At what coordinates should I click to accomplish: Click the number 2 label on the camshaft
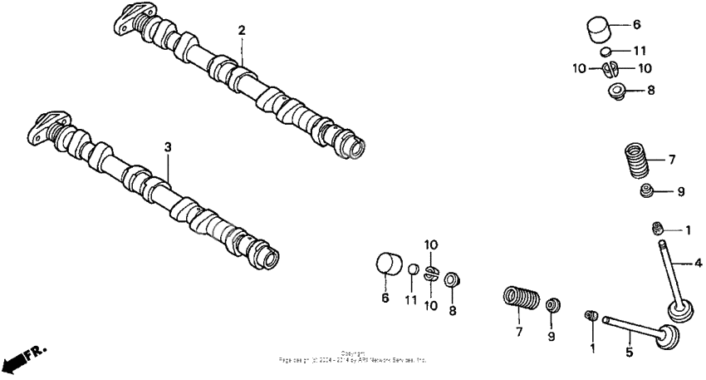point(242,31)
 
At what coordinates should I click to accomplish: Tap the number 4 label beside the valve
point(698,264)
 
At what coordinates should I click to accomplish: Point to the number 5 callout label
point(629,353)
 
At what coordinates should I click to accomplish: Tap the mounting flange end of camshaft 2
point(128,18)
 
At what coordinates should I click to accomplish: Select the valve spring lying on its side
point(520,299)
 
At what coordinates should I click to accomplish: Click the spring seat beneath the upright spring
point(647,192)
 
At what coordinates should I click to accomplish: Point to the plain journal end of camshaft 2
point(352,148)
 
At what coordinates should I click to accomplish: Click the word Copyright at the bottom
point(353,353)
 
